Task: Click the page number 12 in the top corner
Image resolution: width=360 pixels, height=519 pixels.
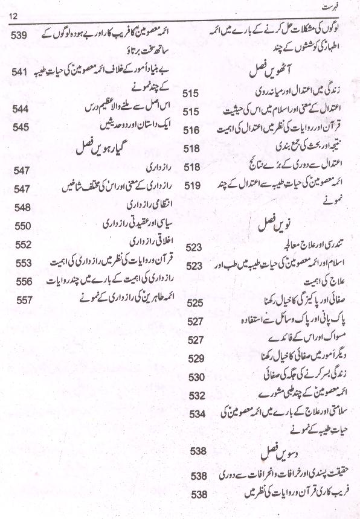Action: [15, 14]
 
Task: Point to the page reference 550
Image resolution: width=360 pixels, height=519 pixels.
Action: [23, 226]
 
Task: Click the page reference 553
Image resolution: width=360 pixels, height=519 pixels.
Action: [23, 263]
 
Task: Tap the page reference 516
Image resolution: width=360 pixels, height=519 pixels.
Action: [191, 130]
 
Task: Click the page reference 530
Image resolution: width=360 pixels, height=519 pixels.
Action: [197, 377]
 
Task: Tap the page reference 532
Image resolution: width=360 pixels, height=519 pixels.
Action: [197, 396]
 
